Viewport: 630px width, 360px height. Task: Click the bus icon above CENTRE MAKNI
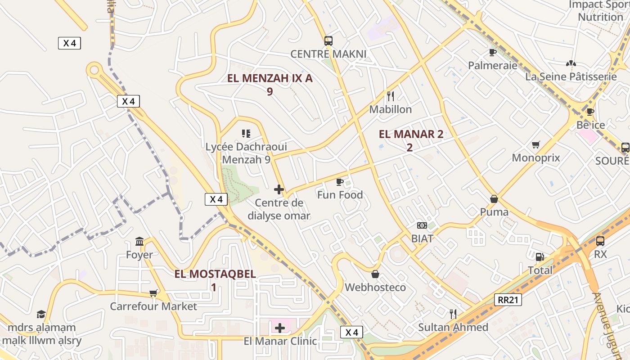328,41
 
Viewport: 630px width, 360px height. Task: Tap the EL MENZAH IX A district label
270,78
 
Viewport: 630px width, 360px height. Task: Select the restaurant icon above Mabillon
391,96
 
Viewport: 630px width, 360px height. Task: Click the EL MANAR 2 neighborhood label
411,134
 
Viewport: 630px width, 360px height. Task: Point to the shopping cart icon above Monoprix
535,144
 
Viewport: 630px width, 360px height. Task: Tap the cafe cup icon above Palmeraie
493,52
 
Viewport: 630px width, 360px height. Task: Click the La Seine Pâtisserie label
571,76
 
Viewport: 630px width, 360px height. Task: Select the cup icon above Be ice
590,112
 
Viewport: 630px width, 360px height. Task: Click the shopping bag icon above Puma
494,199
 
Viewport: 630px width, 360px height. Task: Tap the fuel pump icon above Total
540,257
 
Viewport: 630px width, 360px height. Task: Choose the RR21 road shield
508,300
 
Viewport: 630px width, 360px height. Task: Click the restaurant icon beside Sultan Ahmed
453,314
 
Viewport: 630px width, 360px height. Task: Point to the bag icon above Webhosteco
375,274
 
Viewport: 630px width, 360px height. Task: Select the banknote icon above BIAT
422,225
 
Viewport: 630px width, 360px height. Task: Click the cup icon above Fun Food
340,182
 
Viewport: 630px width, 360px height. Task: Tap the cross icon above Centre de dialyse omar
279,189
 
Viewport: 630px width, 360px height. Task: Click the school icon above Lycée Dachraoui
246,133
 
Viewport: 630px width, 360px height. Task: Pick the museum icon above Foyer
139,242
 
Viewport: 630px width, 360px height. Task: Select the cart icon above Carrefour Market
153,293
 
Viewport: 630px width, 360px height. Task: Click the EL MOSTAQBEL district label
215,274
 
